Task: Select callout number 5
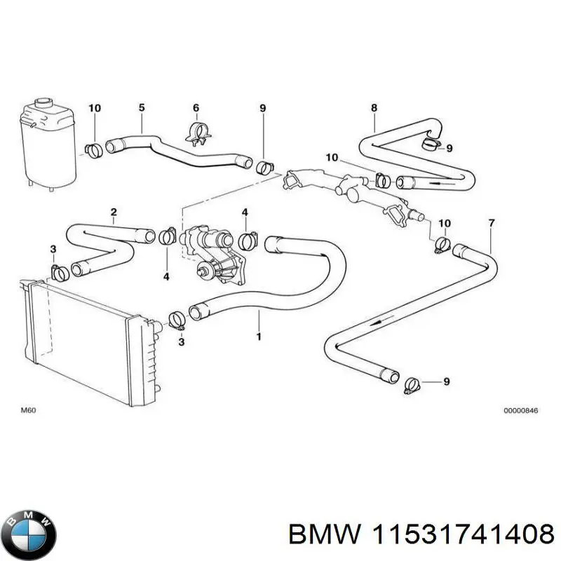pyautogui.click(x=142, y=107)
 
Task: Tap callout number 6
pyautogui.click(x=196, y=107)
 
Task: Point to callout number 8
pyautogui.click(x=374, y=107)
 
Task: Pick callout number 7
pyautogui.click(x=491, y=223)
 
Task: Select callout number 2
pyautogui.click(x=114, y=211)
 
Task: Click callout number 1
pyautogui.click(x=259, y=337)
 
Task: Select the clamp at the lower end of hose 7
pyautogui.click(x=414, y=384)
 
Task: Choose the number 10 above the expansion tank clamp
pyautogui.click(x=95, y=107)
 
